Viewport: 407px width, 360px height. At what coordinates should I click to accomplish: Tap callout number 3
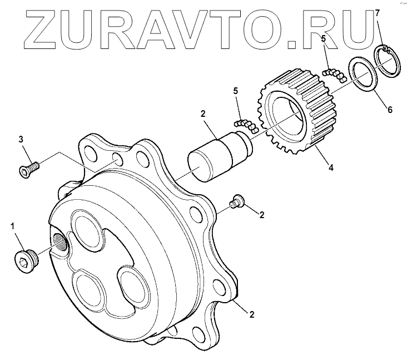(21, 139)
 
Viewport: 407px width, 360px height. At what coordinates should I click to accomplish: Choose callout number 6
(390, 110)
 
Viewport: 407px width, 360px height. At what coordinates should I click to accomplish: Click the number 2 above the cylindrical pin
(203, 114)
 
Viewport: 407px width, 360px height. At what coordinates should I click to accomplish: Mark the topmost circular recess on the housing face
(88, 230)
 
